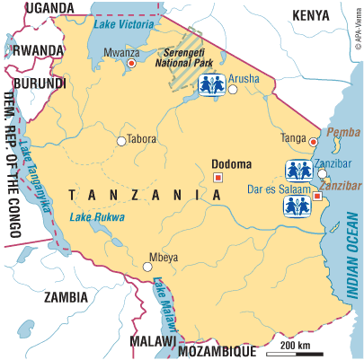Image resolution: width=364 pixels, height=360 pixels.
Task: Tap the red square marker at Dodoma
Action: pyautogui.click(x=217, y=179)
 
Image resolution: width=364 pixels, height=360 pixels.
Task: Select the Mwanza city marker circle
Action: pyautogui.click(x=132, y=65)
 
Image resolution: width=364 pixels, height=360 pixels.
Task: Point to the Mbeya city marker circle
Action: pyautogui.click(x=148, y=267)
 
